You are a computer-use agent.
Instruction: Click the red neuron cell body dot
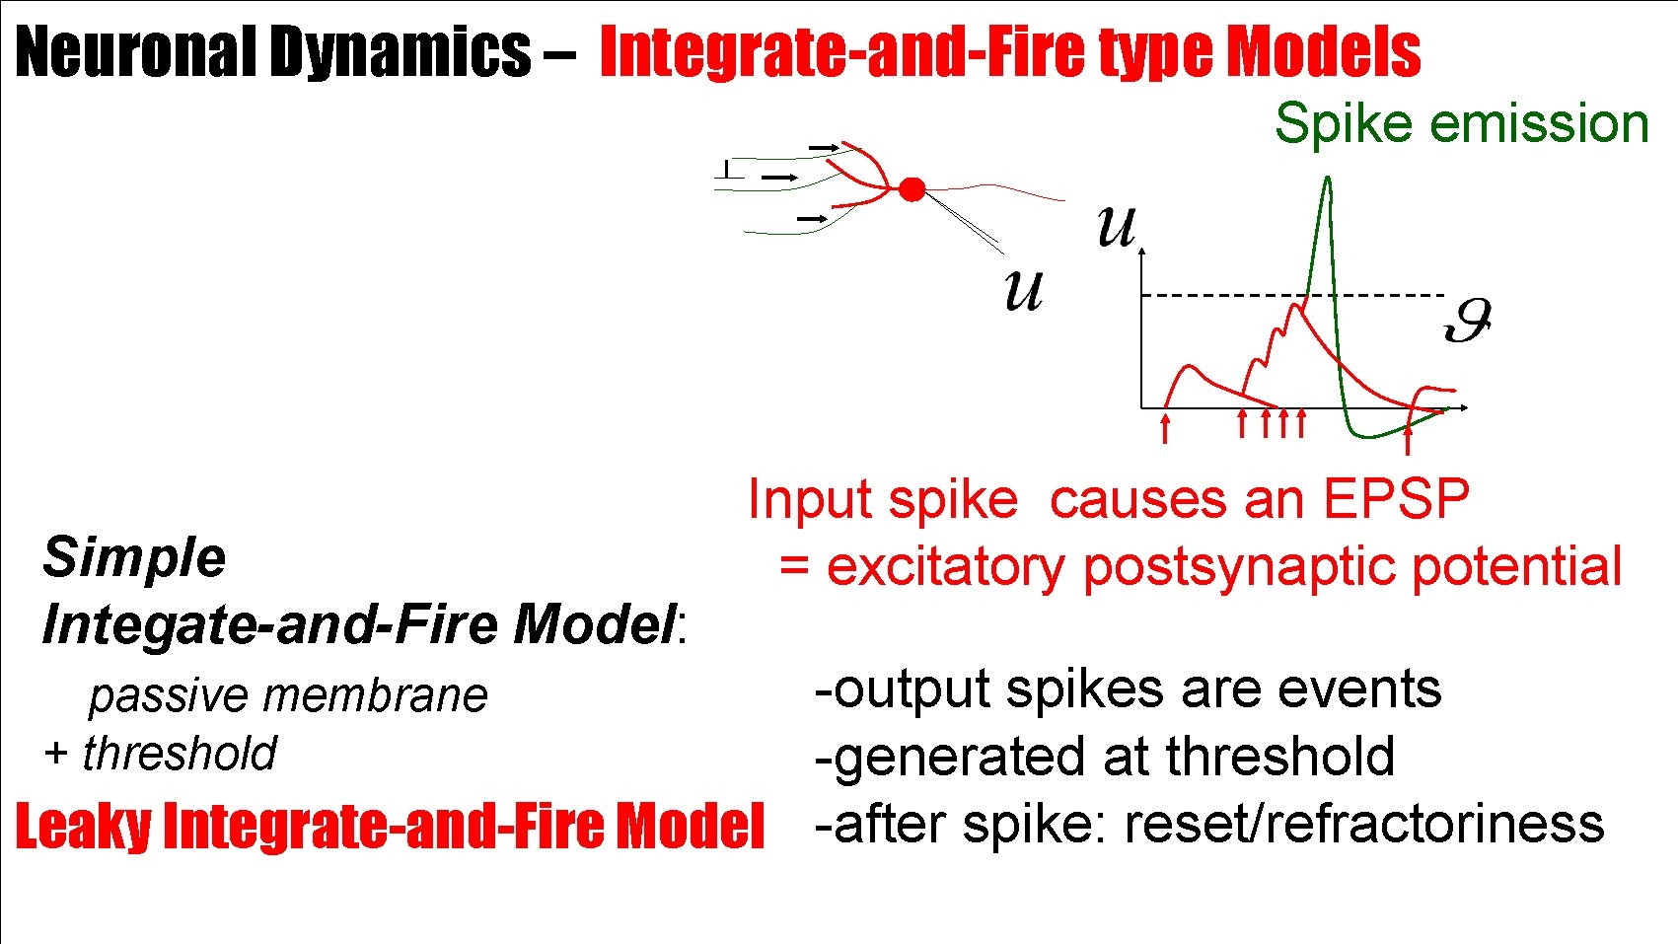(912, 189)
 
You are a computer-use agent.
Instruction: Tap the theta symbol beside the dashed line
(1467, 321)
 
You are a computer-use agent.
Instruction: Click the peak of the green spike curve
(1327, 182)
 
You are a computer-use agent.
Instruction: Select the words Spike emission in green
(1461, 124)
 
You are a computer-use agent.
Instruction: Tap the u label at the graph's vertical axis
(1117, 227)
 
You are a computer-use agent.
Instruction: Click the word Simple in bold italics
(134, 557)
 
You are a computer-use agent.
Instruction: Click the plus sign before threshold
(55, 754)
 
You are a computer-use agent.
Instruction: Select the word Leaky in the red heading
(83, 827)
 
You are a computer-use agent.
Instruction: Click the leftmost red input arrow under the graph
(1165, 428)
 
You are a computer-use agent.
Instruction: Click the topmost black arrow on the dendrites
(823, 147)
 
